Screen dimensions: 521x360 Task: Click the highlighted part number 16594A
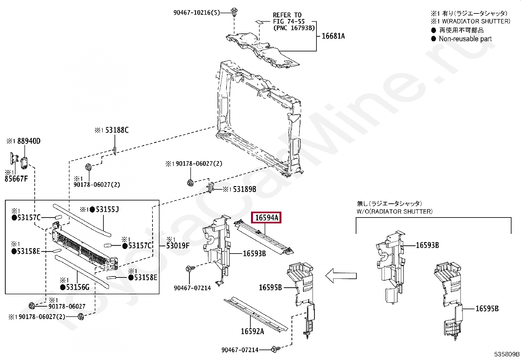(266, 218)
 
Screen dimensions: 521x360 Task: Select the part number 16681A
(333, 36)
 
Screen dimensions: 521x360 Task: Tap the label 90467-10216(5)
(196, 13)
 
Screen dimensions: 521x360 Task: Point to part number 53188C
(117, 130)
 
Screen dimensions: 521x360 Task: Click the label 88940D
(29, 141)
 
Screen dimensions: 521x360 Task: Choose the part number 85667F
(16, 179)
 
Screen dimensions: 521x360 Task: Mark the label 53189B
(244, 189)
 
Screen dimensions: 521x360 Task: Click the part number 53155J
(107, 209)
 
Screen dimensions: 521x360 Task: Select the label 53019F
(178, 246)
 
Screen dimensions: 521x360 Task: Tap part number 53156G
(78, 287)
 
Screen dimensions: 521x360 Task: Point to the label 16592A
(252, 332)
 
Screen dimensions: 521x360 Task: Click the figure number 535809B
(507, 354)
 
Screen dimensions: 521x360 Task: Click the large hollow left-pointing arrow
(341, 276)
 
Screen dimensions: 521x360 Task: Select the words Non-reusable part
(465, 39)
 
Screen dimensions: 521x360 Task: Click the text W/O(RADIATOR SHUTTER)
(394, 212)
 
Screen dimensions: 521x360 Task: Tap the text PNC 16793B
(294, 28)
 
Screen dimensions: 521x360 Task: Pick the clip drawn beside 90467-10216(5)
(234, 12)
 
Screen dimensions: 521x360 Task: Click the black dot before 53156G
(63, 287)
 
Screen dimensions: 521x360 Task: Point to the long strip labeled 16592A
(255, 313)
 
